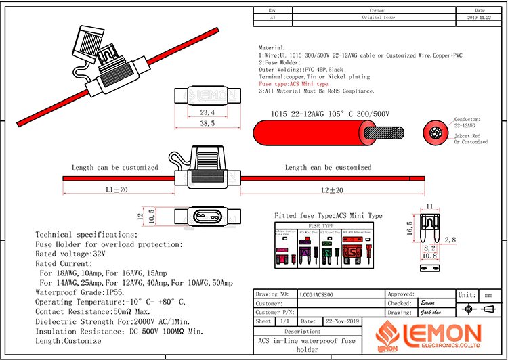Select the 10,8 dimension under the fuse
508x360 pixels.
coord(429,256)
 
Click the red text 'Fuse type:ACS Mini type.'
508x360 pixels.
coord(295,84)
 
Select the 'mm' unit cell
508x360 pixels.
coord(488,295)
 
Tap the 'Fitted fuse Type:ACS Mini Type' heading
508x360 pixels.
coord(328,216)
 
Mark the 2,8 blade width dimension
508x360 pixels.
coord(450,240)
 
